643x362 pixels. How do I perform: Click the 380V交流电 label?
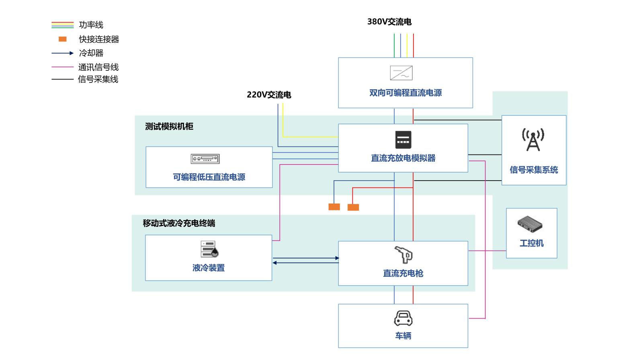click(x=389, y=22)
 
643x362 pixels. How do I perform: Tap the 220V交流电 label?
click(x=268, y=95)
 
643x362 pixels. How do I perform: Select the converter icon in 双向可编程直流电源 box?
click(x=401, y=73)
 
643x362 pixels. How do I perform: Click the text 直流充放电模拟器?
click(x=403, y=158)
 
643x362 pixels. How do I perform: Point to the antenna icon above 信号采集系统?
click(x=533, y=140)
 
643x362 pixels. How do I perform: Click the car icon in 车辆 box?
click(x=403, y=318)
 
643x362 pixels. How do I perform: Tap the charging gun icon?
click(x=403, y=255)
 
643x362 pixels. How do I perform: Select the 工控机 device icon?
click(x=530, y=224)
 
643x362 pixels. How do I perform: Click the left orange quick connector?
click(x=334, y=207)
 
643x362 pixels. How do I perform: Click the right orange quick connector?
click(x=353, y=207)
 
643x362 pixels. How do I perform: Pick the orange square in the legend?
click(x=63, y=39)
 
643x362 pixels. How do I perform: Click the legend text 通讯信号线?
click(x=98, y=67)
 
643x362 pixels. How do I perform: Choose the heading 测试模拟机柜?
click(x=169, y=126)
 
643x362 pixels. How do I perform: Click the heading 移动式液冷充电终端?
click(x=179, y=223)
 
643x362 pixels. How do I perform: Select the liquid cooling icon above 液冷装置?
click(x=209, y=249)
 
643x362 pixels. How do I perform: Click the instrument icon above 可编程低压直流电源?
click(x=205, y=159)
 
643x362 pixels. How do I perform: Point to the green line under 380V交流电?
click(x=394, y=45)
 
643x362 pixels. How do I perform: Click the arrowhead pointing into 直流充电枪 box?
click(x=337, y=258)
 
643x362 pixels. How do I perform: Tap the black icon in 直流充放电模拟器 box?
click(x=403, y=140)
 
